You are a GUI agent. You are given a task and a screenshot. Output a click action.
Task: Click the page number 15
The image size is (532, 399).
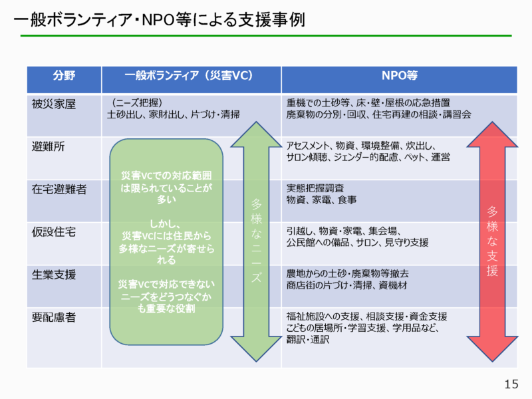(x=511, y=384)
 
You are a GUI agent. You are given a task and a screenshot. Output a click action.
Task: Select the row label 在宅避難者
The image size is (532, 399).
(x=59, y=189)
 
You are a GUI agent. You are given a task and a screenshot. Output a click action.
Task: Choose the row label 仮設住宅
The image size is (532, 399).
(x=54, y=231)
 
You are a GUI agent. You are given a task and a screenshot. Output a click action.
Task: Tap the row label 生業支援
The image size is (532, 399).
(x=54, y=274)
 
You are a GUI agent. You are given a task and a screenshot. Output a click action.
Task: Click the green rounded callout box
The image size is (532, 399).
(x=166, y=242)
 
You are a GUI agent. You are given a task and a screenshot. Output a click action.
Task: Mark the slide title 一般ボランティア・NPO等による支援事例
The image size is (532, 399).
(x=158, y=20)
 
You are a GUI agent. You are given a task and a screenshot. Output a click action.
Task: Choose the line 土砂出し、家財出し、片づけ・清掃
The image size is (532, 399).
(x=174, y=114)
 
